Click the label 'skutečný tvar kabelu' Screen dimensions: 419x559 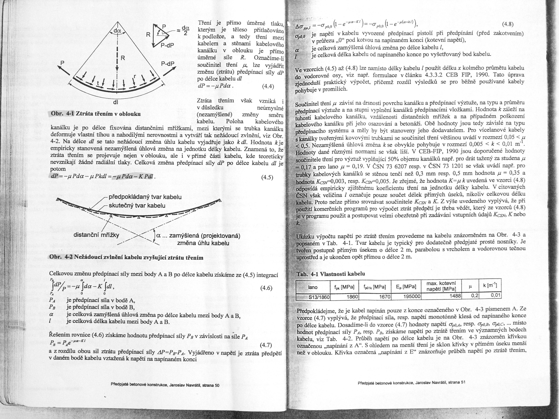(x=137, y=206)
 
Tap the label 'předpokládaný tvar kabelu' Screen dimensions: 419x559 (x=145, y=197)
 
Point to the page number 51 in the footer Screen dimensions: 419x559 (x=463, y=382)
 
